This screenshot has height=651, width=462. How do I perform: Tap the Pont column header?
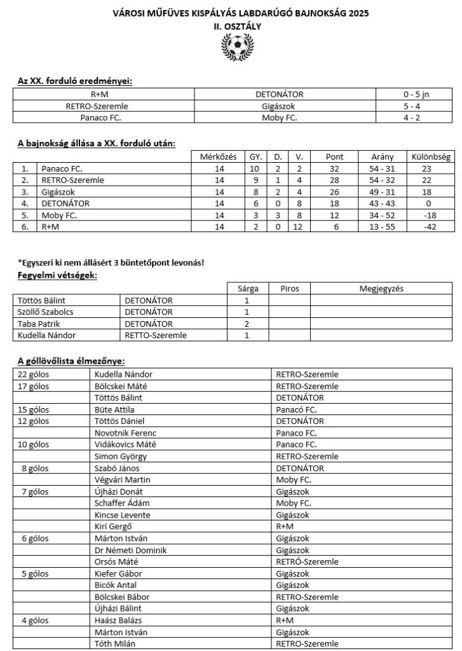pyautogui.click(x=334, y=156)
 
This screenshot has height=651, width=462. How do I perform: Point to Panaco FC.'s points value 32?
pyautogui.click(x=334, y=169)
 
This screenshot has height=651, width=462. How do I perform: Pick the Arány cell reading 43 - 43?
pyautogui.click(x=383, y=203)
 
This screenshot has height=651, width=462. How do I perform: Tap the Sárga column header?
pyautogui.click(x=247, y=289)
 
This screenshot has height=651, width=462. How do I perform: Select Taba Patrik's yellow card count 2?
pyautogui.click(x=247, y=324)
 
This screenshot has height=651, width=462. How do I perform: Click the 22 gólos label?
pyautogui.click(x=34, y=374)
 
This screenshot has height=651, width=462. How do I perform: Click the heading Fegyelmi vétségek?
pyautogui.click(x=57, y=276)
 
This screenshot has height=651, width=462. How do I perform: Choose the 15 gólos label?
pyautogui.click(x=34, y=409)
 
